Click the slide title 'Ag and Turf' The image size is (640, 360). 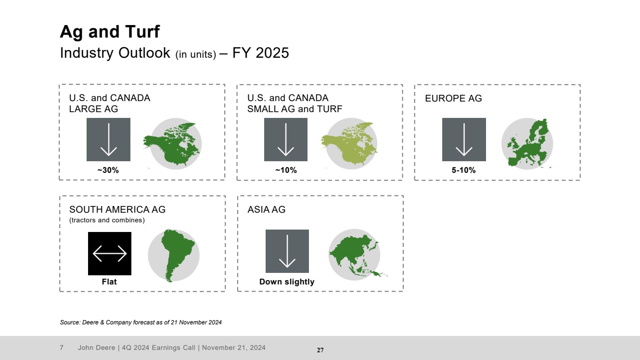point(110,31)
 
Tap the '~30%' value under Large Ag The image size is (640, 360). point(108,170)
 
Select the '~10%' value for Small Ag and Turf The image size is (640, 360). point(286,170)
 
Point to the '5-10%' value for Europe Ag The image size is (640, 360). point(463,170)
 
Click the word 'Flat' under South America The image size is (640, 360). point(109,282)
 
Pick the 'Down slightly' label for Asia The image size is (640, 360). point(287,282)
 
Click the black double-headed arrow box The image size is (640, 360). point(110,254)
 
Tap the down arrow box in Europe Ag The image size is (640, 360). point(464,140)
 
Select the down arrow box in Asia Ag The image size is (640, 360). point(287,251)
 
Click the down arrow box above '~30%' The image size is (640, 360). point(109,140)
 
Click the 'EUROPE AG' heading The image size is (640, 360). point(453,98)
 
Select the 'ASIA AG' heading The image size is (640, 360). point(266,209)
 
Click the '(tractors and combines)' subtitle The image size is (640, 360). point(107,220)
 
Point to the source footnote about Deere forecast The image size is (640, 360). point(141,322)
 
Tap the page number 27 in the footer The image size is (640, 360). point(320,350)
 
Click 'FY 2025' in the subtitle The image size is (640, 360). point(261,53)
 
